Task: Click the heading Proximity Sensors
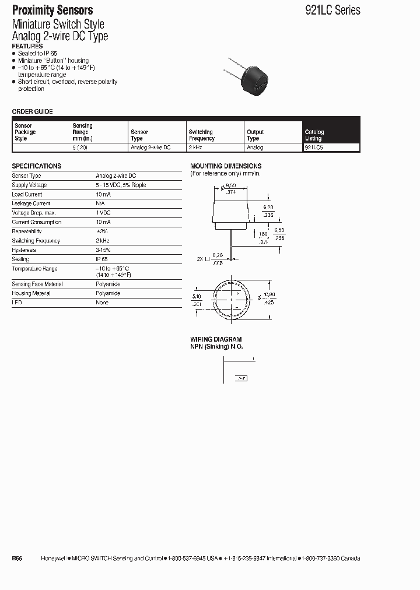52,10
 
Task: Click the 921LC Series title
332,10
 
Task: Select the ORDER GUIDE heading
33,111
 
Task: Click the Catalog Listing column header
314,135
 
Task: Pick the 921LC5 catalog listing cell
315,147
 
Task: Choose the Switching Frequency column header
201,135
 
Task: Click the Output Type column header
255,135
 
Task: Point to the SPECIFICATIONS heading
37,166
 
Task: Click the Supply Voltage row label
29,185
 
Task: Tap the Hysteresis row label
24,250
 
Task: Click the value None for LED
103,303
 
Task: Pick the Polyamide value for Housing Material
108,293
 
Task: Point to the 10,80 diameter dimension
269,295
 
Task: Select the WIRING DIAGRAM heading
216,339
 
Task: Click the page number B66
17,559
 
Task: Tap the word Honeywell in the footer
54,559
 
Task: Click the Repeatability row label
27,231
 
